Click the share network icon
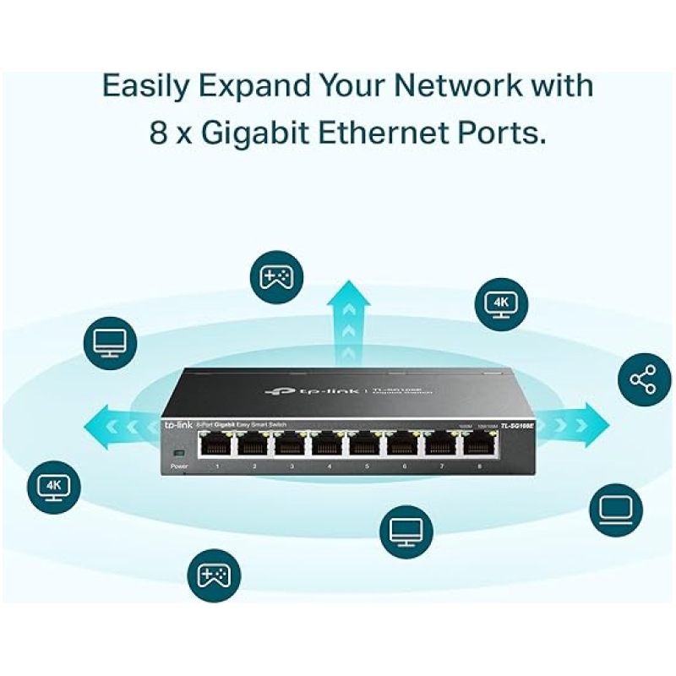[x=645, y=379]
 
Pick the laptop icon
[x=615, y=510]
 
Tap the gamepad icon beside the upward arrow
[x=275, y=278]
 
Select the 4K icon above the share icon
[x=501, y=303]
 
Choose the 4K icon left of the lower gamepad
[x=54, y=487]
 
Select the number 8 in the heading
[x=159, y=134]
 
